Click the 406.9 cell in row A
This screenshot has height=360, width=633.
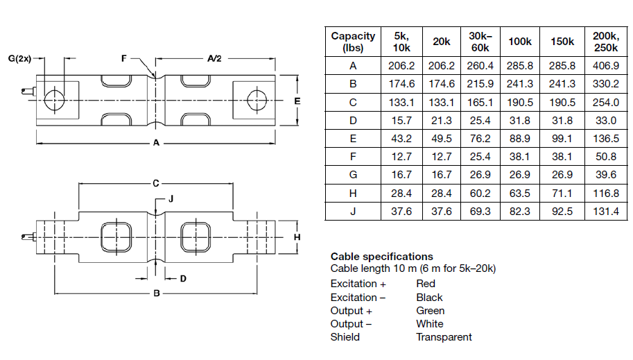tap(607, 66)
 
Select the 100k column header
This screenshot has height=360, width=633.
tap(519, 42)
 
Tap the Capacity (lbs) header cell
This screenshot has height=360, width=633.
tap(353, 42)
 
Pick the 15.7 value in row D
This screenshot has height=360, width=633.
tap(401, 121)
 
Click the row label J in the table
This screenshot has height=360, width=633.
tap(353, 212)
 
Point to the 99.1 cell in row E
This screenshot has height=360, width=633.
tap(562, 139)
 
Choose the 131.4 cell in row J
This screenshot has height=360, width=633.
tap(607, 212)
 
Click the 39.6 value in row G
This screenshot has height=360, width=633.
tap(607, 175)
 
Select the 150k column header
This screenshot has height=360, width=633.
tap(562, 42)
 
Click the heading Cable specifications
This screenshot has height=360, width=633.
tap(381, 257)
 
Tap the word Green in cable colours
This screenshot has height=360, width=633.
tap(431, 311)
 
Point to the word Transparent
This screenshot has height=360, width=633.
tap(444, 337)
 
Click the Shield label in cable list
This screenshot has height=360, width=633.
tap(345, 337)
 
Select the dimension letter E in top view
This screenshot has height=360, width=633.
tap(296, 101)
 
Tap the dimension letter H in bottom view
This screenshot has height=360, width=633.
tap(296, 237)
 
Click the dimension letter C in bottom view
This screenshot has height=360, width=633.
tap(156, 183)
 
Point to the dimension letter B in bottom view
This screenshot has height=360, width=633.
tap(157, 293)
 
